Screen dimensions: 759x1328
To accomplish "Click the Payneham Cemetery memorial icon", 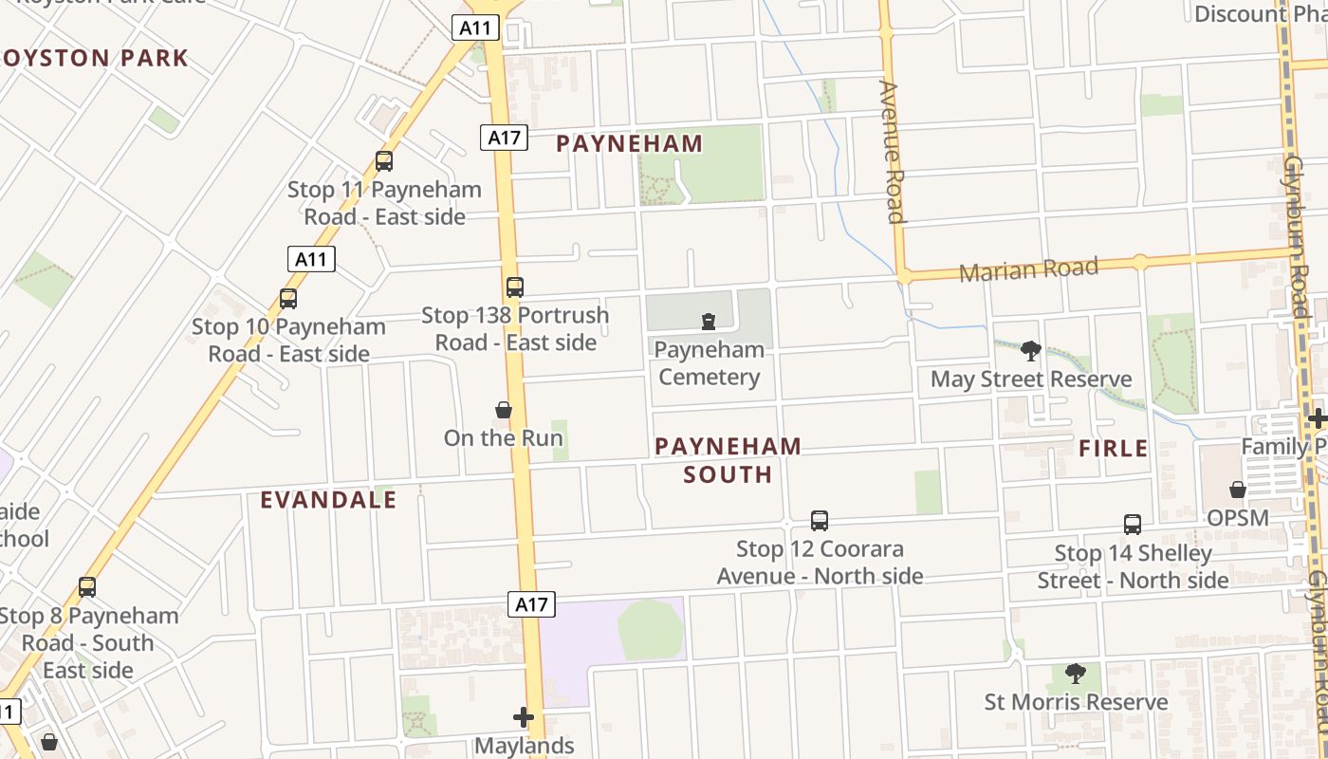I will click(709, 322).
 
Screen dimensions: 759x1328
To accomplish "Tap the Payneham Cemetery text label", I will click(710, 363).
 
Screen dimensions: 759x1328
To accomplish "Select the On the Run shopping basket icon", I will click(504, 410).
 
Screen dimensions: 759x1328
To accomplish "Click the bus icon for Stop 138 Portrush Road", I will click(514, 287).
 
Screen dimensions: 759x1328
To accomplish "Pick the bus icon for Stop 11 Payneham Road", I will click(384, 161).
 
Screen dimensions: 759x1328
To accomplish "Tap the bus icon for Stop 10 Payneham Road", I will click(288, 299).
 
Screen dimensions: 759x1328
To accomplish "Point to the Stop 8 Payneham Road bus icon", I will click(87, 587).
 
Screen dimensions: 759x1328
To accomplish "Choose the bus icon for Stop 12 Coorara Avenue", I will click(820, 521).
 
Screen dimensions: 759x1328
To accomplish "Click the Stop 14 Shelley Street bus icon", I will click(1133, 525).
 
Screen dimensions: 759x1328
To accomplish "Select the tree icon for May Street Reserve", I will click(1031, 351).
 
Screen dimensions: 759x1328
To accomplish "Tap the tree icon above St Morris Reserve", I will click(1075, 674).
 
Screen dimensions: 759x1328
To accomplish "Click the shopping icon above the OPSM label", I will click(1238, 490).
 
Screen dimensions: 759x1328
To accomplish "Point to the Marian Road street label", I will click(1029, 269).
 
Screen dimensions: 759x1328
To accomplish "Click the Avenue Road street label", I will click(892, 152).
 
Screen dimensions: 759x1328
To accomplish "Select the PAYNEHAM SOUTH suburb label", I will click(728, 459).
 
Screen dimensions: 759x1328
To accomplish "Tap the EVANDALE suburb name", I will click(328, 500).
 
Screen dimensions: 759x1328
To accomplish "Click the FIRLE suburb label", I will click(1114, 448).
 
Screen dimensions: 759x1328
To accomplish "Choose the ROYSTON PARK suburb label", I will click(95, 58).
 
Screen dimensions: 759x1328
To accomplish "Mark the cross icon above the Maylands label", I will click(524, 717).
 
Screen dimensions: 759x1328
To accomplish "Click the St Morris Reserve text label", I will click(1076, 702).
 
